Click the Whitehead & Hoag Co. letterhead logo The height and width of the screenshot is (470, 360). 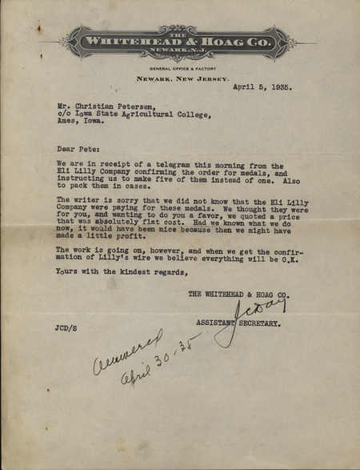180,41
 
